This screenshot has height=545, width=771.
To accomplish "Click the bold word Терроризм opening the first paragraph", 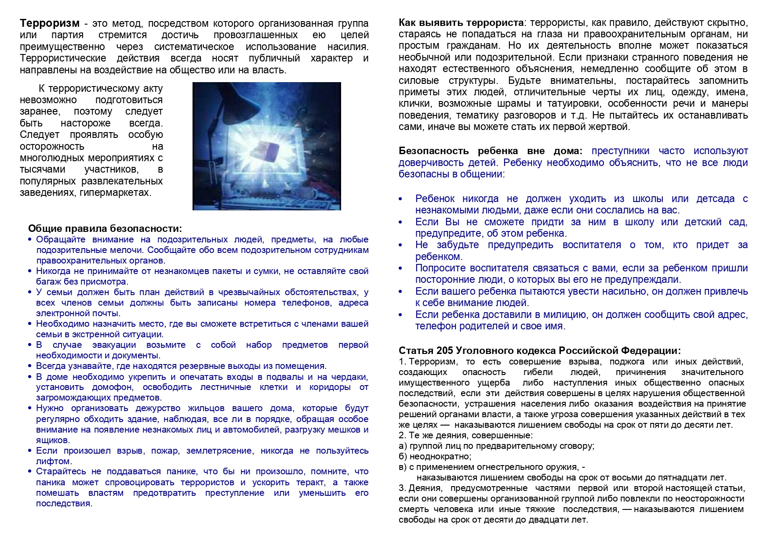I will [x=50, y=24].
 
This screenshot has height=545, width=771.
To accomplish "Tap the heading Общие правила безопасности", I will [x=105, y=228].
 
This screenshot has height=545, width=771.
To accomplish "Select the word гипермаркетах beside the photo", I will [x=115, y=193].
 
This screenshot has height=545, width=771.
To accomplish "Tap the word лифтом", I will [x=54, y=462].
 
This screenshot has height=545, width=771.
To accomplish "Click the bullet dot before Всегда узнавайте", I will [x=30, y=366].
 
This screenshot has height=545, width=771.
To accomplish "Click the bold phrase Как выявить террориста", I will [x=461, y=23].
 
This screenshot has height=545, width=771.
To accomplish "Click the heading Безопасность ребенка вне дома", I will [x=490, y=151].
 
